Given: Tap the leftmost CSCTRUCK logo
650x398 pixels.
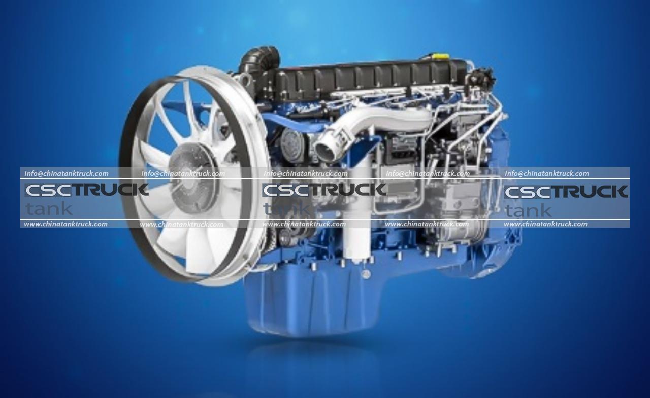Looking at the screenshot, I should point(86,190).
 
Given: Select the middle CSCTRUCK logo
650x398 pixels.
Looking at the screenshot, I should point(324,190).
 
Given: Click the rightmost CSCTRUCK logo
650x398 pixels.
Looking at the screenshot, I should point(566,192).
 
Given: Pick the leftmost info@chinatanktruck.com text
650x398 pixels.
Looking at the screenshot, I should point(67,173).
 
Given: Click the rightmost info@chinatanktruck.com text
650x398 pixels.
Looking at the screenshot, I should point(547,173).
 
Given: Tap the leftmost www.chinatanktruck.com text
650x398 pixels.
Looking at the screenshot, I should point(66,224).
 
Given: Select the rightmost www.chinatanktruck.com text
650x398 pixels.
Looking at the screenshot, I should point(545,224).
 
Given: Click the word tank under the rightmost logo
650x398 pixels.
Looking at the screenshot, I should point(528,210).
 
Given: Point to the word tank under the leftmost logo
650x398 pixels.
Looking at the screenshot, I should point(49,208).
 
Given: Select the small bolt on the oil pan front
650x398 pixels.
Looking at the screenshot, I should point(365,274).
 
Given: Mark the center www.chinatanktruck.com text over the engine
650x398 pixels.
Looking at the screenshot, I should point(304,224).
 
